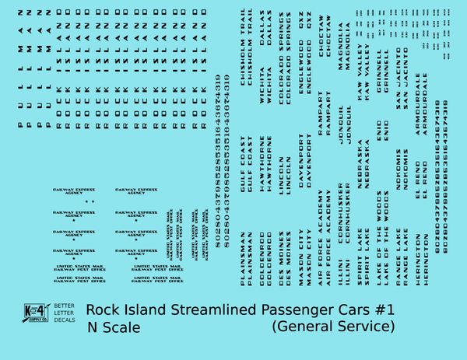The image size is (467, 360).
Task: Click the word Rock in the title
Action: [104, 310]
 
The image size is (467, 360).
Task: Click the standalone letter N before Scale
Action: [93, 327]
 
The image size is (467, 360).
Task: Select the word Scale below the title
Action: [121, 327]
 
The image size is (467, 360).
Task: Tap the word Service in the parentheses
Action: [367, 327]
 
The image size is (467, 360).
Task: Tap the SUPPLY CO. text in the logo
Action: [37, 319]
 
